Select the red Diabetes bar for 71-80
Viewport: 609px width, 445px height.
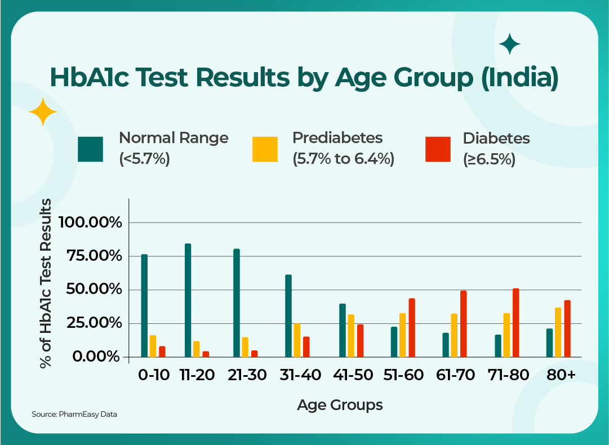tap(515, 323)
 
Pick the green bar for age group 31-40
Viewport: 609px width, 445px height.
tap(288, 316)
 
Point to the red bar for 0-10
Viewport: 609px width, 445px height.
tap(162, 351)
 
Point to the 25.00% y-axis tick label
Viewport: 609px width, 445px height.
tap(95, 323)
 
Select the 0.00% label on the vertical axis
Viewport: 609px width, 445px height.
tap(97, 357)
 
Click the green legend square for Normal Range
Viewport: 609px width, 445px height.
tap(91, 149)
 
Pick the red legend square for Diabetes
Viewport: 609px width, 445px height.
tap(438, 149)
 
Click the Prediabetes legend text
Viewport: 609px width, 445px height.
tap(337, 138)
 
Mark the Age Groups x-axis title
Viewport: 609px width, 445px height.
tap(340, 404)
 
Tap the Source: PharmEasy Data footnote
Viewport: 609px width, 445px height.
tap(74, 415)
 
